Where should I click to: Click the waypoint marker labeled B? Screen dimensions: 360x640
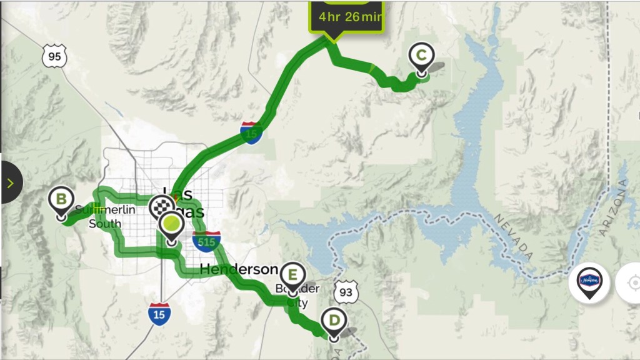click(61, 201)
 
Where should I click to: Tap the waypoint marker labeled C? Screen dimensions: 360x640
click(421, 57)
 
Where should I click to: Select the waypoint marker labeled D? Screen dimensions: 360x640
click(334, 322)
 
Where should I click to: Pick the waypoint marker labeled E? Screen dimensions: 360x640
click(292, 274)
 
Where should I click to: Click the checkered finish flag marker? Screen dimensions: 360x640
click(162, 207)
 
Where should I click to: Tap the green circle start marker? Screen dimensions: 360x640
click(171, 224)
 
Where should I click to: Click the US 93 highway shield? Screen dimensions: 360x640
click(346, 291)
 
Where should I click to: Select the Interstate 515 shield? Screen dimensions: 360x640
click(206, 240)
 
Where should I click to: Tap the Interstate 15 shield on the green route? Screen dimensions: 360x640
click(251, 133)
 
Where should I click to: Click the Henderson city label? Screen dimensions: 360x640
click(238, 269)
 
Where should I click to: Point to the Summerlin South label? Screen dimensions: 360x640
click(105, 216)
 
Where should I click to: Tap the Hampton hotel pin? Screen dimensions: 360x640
click(589, 281)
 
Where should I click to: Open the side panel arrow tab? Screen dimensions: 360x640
click(11, 182)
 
